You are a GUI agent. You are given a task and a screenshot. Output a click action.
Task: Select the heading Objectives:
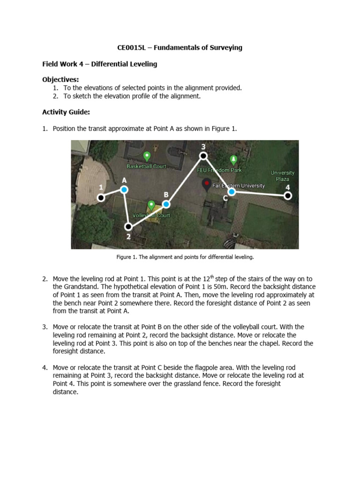click(60, 79)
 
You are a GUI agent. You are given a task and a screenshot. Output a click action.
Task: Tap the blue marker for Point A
click(124, 189)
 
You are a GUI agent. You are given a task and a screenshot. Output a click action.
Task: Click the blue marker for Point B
click(166, 204)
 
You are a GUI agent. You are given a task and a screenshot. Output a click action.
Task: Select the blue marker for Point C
click(232, 192)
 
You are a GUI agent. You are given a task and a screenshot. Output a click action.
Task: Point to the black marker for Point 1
click(101, 198)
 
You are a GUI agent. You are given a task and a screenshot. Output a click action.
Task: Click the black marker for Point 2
click(128, 226)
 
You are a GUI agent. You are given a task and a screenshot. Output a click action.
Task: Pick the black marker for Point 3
click(203, 156)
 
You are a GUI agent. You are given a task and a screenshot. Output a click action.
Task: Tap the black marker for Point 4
click(288, 195)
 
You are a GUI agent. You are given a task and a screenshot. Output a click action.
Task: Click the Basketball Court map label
click(146, 166)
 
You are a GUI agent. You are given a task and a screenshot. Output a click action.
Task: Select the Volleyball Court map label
click(151, 215)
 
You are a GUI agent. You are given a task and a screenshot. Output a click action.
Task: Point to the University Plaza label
click(282, 176)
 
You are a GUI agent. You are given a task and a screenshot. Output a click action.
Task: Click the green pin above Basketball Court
click(146, 156)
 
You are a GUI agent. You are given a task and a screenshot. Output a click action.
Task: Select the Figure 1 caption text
click(185, 257)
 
